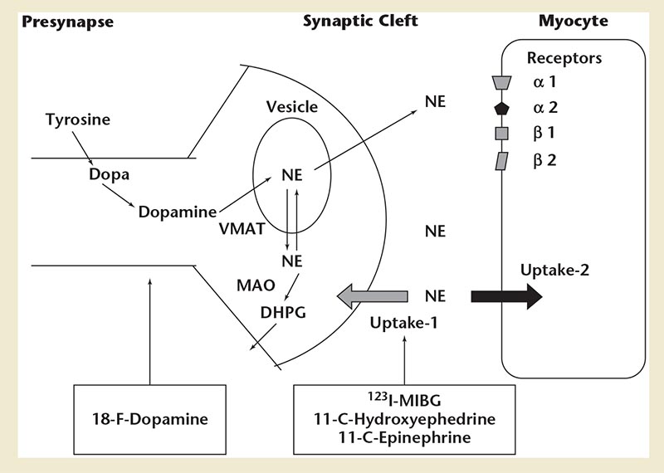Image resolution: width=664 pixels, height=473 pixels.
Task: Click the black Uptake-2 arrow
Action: coord(506,296)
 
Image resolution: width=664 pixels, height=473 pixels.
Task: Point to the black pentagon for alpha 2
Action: coord(501,108)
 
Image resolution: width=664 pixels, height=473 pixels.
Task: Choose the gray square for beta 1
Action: coord(501,134)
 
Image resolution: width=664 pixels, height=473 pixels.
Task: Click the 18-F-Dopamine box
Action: coord(149,419)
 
